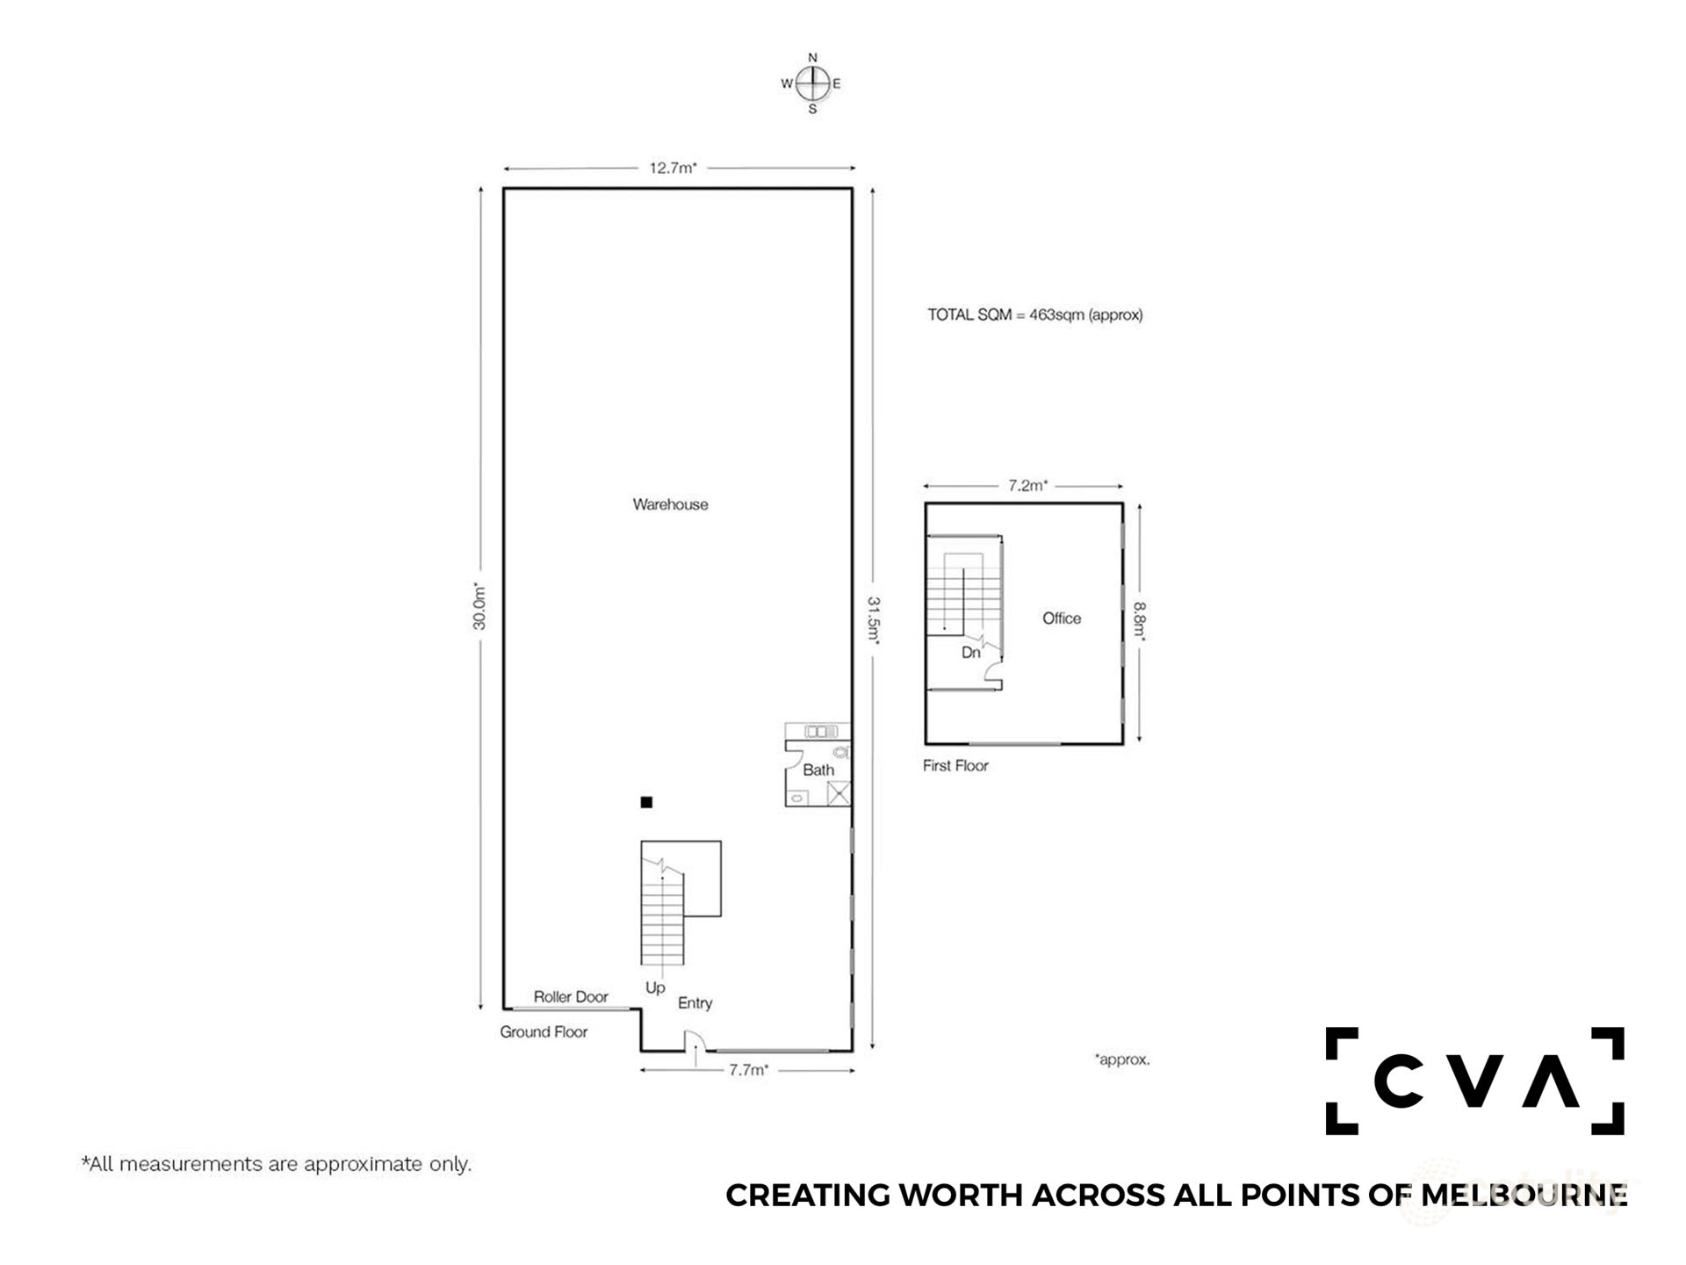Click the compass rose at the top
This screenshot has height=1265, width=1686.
[x=812, y=83]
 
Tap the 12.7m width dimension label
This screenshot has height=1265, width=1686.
[x=673, y=168]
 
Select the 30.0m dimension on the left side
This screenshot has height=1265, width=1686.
[x=479, y=606]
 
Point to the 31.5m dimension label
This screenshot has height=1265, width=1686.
[x=874, y=620]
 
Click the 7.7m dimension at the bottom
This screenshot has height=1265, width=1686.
[x=748, y=1070]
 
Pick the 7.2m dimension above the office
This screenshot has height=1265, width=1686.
[x=1027, y=485]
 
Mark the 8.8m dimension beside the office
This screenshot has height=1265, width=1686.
[x=1140, y=621]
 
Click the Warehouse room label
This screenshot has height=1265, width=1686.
[x=670, y=504]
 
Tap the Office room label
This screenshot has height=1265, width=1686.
[x=1062, y=618]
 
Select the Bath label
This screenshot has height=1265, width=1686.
[x=818, y=770]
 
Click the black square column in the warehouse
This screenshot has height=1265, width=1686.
[x=646, y=802]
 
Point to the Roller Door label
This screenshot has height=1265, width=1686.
[x=571, y=996]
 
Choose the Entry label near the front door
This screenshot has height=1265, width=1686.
[x=695, y=1003]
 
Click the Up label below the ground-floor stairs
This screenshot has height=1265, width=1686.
[x=655, y=988]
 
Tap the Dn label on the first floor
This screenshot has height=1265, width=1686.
[x=970, y=653]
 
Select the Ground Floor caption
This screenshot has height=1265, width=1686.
[x=544, y=1031]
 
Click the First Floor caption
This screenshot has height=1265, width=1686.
[x=955, y=765]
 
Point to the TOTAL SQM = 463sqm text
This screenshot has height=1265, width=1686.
[x=1035, y=314]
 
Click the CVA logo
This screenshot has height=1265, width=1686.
[x=1475, y=1081]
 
